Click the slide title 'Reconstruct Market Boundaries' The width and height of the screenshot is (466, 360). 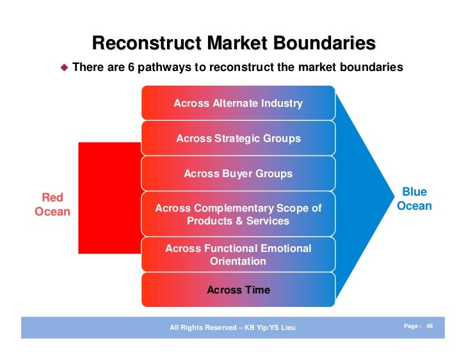tap(234, 43)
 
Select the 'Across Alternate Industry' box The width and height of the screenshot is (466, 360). tap(237, 103)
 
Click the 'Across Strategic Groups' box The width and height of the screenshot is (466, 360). tap(237, 138)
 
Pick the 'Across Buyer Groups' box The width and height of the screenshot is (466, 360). tap(237, 173)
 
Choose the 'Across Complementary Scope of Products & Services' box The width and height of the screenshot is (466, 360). tap(237, 214)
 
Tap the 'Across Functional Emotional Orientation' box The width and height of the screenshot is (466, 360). tap(237, 254)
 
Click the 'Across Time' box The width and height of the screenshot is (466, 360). tap(237, 290)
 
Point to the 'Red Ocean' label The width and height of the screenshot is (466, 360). tap(52, 204)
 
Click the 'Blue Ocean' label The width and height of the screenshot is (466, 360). tap(414, 199)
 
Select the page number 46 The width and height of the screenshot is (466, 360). tap(430, 326)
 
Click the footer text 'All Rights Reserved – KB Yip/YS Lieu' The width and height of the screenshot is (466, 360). tap(232, 328)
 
